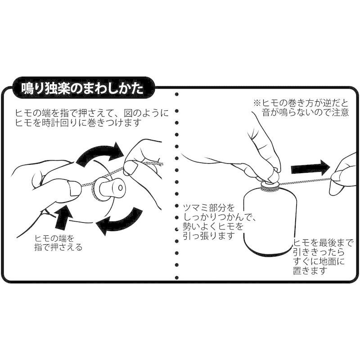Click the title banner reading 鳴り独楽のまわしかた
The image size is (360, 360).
[x=84, y=88]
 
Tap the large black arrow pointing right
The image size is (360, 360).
[x=310, y=169]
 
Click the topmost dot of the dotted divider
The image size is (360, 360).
[x=176, y=94]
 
